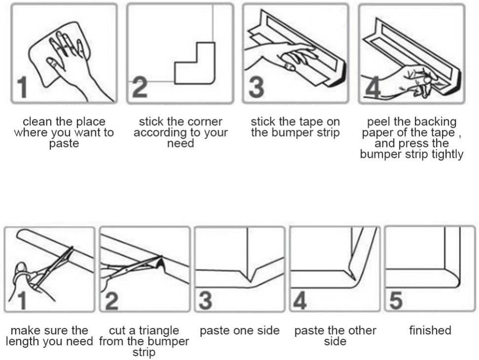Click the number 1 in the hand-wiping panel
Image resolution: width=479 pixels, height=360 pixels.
pyautogui.click(x=20, y=87)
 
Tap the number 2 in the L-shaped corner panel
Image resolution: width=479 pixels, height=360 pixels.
pyautogui.click(x=140, y=87)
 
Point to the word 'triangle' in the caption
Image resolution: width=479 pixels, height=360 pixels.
pyautogui.click(x=156, y=330)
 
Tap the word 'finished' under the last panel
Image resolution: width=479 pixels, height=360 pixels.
pyautogui.click(x=430, y=330)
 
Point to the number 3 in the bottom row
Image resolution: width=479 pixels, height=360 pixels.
pyautogui.click(x=205, y=300)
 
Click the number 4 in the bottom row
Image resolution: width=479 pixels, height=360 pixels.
pyautogui.click(x=300, y=300)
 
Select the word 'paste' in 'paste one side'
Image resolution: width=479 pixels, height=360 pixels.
pyautogui.click(x=214, y=330)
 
